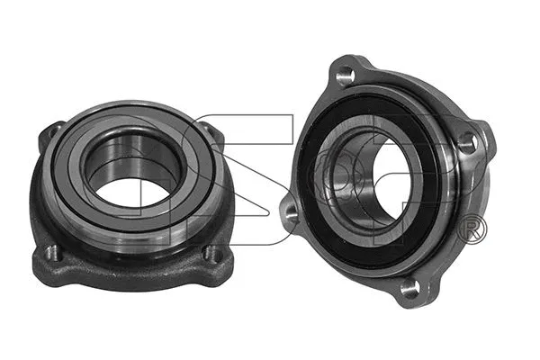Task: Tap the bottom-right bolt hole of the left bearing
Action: coord(212,255)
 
